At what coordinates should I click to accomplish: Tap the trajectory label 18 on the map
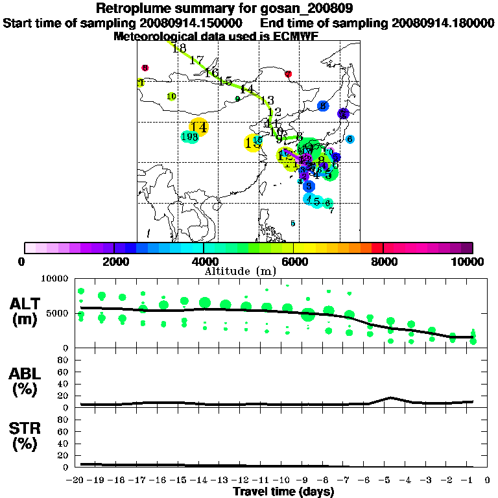[179, 49]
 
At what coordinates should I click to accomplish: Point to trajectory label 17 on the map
[196, 60]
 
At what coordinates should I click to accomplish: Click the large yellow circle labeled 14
[199, 128]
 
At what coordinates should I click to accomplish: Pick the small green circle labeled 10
[171, 97]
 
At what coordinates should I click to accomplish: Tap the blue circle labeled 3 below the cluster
[309, 186]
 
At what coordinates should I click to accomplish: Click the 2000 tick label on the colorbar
[113, 261]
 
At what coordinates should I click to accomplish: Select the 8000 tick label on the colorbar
[383, 261]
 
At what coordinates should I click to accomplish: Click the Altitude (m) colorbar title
[249, 270]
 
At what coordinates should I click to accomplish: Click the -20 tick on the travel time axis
[77, 480]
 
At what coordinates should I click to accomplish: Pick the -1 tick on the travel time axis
[471, 480]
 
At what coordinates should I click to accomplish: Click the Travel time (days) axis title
[283, 492]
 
